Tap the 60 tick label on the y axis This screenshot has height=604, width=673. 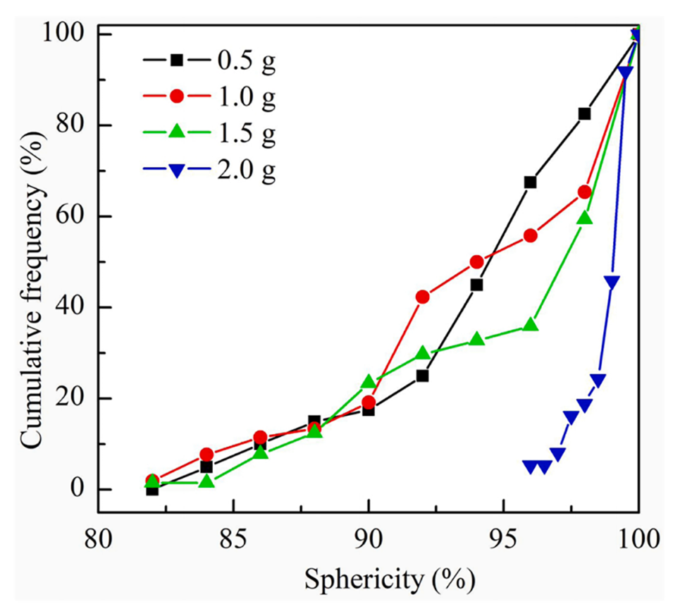pyautogui.click(x=68, y=216)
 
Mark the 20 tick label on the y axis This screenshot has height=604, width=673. pyautogui.click(x=68, y=398)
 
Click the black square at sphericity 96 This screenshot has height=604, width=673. pyautogui.click(x=530, y=182)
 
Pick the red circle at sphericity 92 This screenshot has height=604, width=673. pyautogui.click(x=422, y=297)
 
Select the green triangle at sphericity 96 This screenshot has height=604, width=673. pyautogui.click(x=530, y=325)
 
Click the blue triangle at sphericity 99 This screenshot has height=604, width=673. pyautogui.click(x=612, y=283)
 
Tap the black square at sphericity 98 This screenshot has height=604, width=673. pyautogui.click(x=584, y=113)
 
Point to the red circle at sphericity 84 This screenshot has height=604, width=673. pyautogui.click(x=206, y=455)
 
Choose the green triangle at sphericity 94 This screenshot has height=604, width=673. pyautogui.click(x=476, y=339)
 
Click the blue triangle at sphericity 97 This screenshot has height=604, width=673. pyautogui.click(x=557, y=455)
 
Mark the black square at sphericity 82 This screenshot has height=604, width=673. pyautogui.click(x=152, y=489)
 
